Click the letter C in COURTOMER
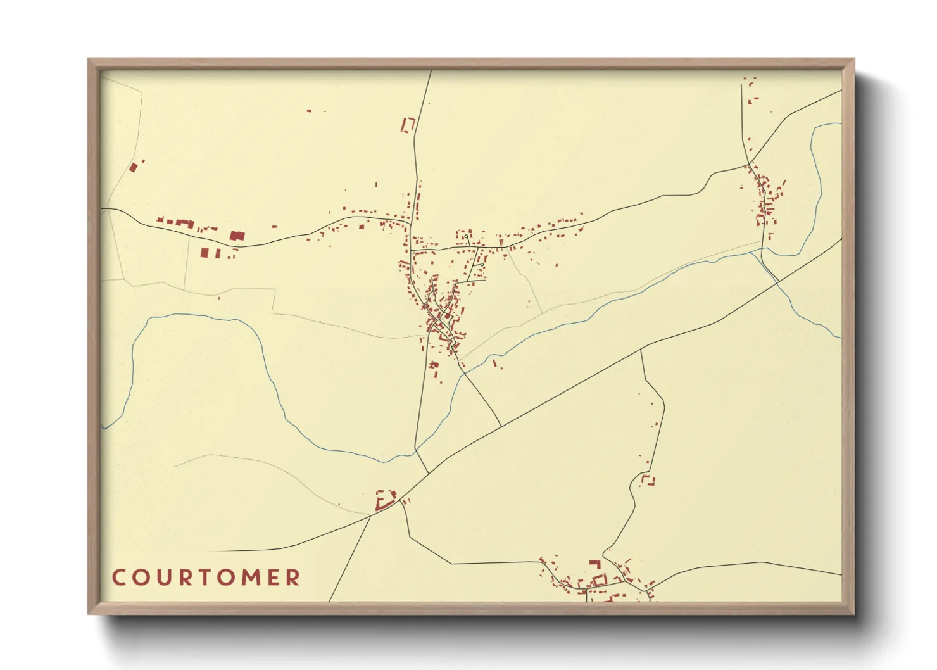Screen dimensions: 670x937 118,578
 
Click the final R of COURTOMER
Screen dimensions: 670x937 293,578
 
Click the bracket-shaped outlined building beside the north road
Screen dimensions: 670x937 408,125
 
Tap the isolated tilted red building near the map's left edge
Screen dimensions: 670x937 133,168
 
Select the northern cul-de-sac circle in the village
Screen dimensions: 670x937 466,236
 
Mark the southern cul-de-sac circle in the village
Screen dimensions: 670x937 481,264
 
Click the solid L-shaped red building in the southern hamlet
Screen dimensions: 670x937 594,563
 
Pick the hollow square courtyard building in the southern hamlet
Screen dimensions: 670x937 599,579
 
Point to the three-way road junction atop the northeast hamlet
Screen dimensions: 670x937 749,165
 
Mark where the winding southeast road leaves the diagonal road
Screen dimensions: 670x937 641,350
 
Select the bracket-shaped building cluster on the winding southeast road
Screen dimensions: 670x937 648,479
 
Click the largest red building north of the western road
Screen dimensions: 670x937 237,236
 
